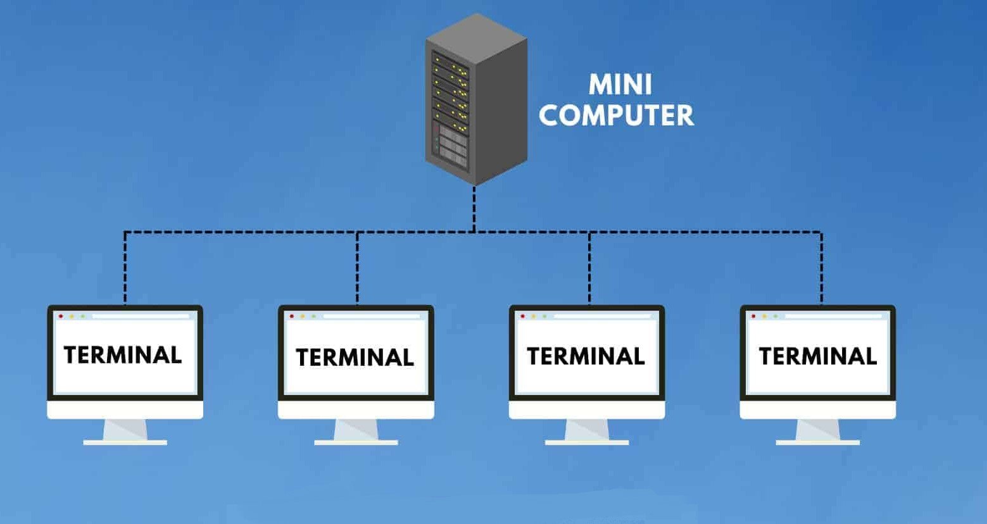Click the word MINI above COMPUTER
click(x=620, y=85)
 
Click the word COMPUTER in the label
click(x=616, y=115)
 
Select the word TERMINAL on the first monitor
click(x=123, y=354)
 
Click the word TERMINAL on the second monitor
click(x=355, y=358)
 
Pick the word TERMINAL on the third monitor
click(x=586, y=356)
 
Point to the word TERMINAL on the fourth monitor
click(x=817, y=356)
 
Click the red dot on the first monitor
click(x=61, y=316)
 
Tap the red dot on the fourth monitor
click(x=753, y=316)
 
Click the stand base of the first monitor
click(x=125, y=442)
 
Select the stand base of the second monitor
click(x=356, y=442)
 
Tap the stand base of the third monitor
click(x=587, y=442)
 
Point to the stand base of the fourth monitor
click(x=818, y=442)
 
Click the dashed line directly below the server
click(x=474, y=209)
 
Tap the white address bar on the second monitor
click(x=372, y=316)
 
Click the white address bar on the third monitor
click(x=603, y=316)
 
